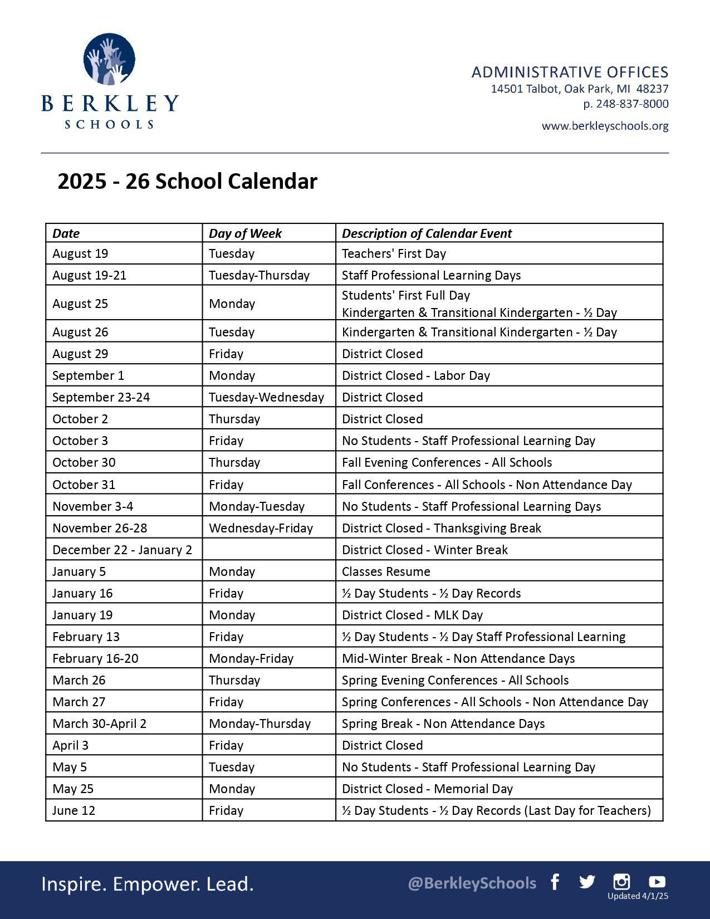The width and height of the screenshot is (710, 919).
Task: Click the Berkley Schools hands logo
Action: coord(109,59)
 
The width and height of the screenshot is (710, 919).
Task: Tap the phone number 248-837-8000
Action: coord(632,104)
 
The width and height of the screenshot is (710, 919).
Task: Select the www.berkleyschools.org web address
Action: coord(605,126)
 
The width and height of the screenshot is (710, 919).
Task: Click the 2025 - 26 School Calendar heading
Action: coord(187,182)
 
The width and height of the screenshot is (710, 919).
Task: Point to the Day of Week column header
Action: coord(245,233)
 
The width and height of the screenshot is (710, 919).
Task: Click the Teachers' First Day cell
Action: coord(394,254)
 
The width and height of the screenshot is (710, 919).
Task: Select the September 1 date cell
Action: coord(88,375)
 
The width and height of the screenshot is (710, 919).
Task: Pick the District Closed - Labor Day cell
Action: coord(415,375)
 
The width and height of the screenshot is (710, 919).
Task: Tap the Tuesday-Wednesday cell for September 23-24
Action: coord(266,397)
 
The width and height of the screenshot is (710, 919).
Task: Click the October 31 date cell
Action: coord(84,485)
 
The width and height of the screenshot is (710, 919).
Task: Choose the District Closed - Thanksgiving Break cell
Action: coord(441,528)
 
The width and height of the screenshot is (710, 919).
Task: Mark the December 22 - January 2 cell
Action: coord(122,550)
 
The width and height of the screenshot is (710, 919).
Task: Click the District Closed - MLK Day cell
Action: coord(412,615)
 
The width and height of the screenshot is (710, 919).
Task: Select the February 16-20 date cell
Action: coord(95,658)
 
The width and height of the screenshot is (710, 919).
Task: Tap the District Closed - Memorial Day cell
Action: coord(427,789)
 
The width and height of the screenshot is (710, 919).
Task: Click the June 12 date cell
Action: coord(74,810)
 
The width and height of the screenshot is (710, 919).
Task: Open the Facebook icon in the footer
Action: coord(555,882)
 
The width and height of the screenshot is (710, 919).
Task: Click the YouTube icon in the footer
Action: coord(657,881)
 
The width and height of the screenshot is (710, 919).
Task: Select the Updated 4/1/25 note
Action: coord(638,896)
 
